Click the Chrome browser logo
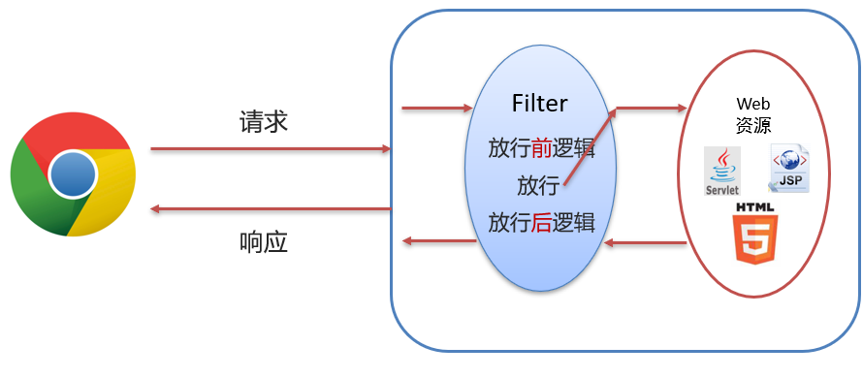[73, 174]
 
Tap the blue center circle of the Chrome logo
[73, 174]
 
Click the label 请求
[263, 121]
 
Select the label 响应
[264, 242]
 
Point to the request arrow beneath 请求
[271, 148]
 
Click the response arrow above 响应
[271, 209]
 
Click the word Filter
[539, 103]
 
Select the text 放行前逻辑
[542, 148]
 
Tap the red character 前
[542, 148]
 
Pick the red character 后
[542, 223]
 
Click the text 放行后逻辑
[542, 223]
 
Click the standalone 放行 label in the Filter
[538, 185]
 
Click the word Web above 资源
[753, 104]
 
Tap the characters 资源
[753, 125]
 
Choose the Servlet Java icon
[722, 172]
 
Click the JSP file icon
[789, 169]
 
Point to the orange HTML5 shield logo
[754, 234]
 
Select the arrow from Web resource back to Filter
[645, 242]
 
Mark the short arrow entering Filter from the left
[437, 109]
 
